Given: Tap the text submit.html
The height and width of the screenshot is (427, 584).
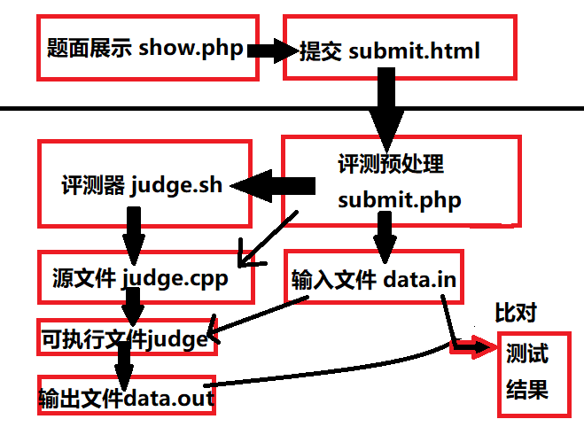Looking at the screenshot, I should (415, 50).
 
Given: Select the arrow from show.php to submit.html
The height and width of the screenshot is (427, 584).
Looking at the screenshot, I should (271, 50).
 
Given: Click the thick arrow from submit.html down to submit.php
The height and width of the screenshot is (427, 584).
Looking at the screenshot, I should (386, 106).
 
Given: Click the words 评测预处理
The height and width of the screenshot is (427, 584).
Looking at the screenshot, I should (391, 165).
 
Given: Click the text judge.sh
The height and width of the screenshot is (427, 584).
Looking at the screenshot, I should (175, 187).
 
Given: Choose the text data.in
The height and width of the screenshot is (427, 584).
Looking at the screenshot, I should (420, 280).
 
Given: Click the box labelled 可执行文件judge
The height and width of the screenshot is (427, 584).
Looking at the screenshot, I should (127, 338).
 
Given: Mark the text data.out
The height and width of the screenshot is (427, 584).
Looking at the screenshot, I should (168, 399).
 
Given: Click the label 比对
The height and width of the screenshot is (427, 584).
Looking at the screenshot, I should (517, 313).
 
